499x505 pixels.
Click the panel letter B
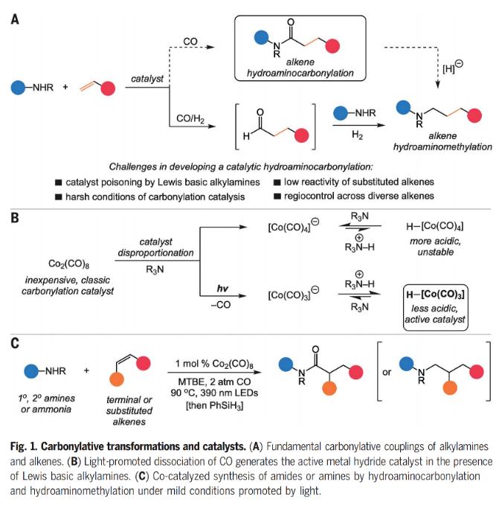(14, 221)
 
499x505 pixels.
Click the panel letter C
(14, 344)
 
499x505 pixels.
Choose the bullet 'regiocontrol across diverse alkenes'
(368, 196)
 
